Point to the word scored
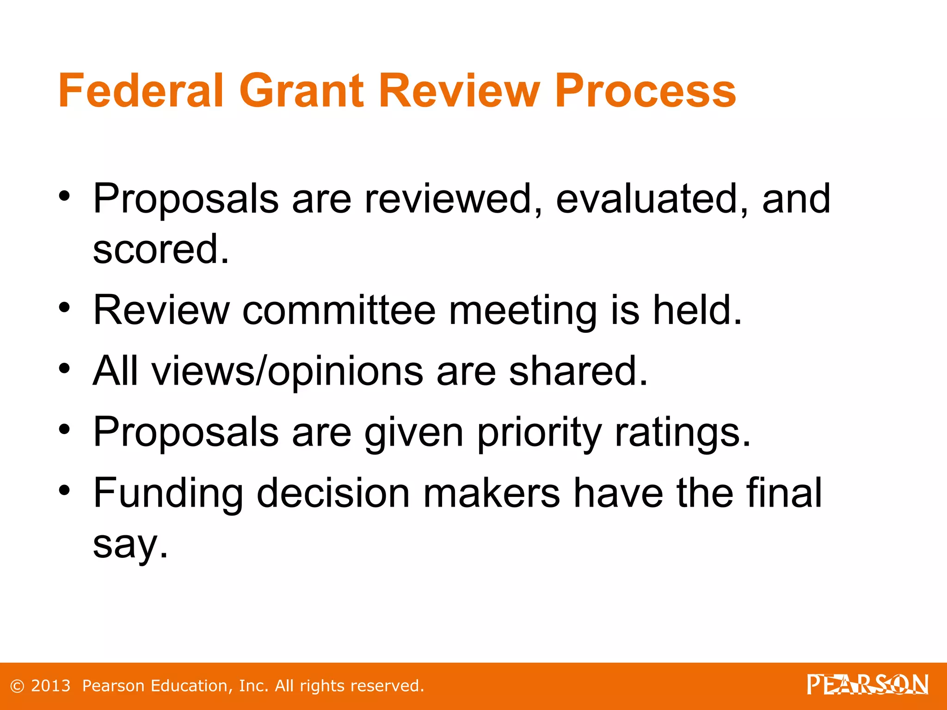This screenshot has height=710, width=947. point(161,250)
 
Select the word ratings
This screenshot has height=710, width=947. point(683,434)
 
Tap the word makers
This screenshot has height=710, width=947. point(492,494)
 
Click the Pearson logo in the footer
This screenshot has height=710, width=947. point(867,685)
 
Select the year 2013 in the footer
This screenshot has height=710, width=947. point(51,686)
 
